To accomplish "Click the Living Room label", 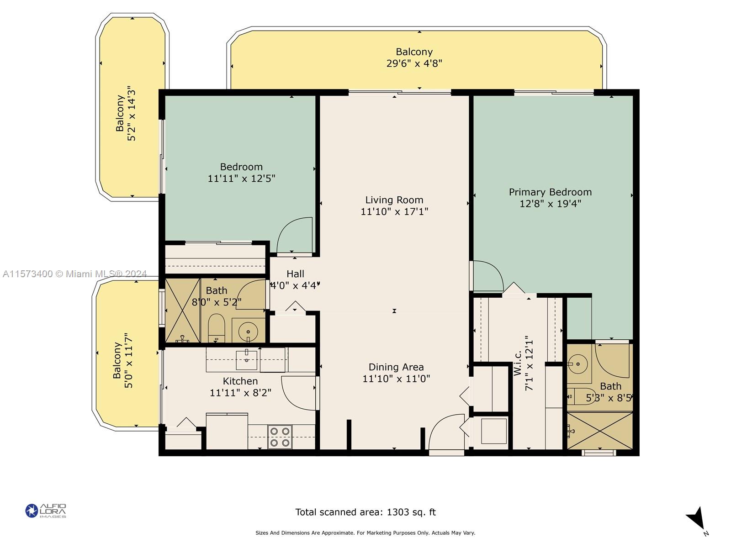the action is [394, 200].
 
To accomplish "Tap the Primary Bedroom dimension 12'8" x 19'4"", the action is [550, 204].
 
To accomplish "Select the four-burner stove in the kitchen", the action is [280, 437].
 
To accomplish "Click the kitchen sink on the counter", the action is [246, 359].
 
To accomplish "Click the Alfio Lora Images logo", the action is [46, 511].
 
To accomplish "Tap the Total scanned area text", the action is [365, 512].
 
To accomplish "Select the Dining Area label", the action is [396, 367].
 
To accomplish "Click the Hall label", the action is [295, 274].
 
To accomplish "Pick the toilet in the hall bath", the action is [216, 328].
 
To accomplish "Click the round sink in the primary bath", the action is [577, 364].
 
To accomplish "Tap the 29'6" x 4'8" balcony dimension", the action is [414, 63].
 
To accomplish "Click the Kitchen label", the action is [240, 381].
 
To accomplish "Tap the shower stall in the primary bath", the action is [599, 431].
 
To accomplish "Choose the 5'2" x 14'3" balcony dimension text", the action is [132, 116].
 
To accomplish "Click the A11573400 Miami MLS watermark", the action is [74, 274].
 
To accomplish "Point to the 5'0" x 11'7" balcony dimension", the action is [128, 360].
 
